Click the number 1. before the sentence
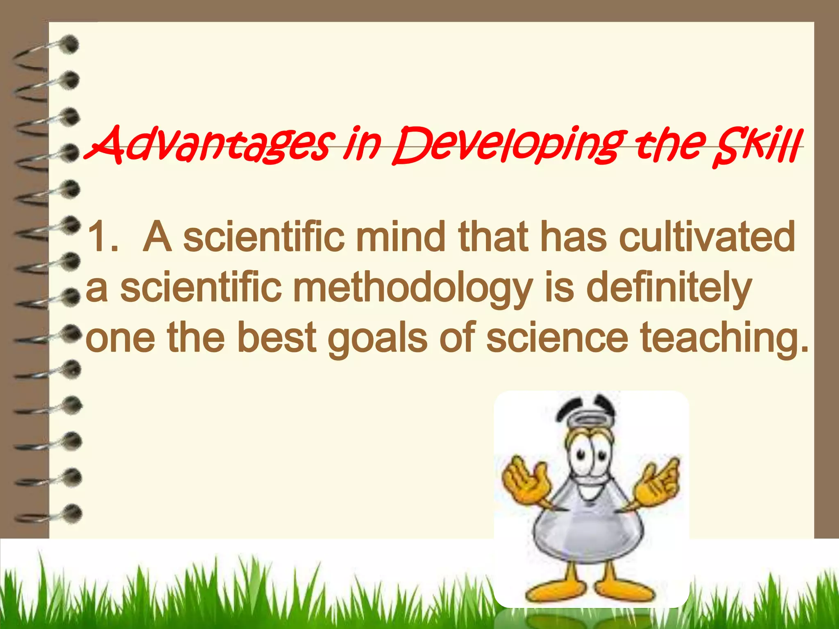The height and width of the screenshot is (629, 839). coord(102,238)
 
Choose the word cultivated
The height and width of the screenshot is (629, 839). coord(707,238)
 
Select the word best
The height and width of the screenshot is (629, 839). coord(277,338)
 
